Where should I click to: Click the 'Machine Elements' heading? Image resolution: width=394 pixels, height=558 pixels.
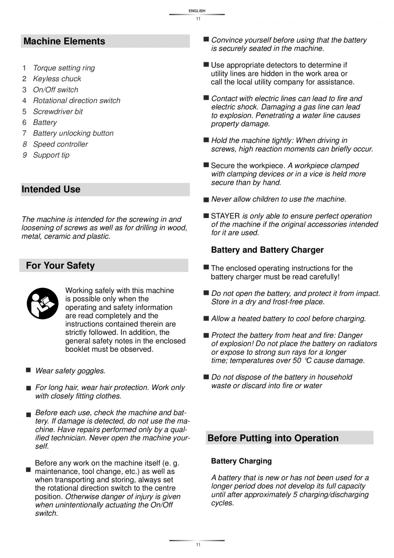point(64,41)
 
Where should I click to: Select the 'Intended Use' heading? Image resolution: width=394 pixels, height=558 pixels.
point(51,189)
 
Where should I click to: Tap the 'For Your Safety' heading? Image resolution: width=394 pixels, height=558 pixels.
point(60,266)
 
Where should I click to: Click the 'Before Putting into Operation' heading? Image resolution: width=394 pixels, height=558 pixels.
point(273,438)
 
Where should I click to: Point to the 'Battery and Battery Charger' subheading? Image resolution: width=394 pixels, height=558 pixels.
point(267,250)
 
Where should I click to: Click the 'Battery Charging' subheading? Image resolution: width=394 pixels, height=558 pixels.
point(241,461)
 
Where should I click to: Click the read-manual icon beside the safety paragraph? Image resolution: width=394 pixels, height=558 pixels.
point(42,303)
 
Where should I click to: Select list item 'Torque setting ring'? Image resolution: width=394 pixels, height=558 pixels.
point(64,68)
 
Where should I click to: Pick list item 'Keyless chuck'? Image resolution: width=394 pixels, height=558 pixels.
point(57,79)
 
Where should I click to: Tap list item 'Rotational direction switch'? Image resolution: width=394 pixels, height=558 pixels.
point(77,100)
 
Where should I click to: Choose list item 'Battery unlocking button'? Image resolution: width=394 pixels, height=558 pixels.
point(73,133)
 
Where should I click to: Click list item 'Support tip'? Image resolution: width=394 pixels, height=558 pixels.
point(51,155)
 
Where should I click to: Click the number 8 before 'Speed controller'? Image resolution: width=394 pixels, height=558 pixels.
point(25,144)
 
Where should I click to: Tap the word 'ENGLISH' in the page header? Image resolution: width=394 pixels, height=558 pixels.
point(197,11)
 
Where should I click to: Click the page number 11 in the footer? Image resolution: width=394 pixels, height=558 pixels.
point(197,545)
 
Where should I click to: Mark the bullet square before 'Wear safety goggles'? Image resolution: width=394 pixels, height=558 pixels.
point(28,370)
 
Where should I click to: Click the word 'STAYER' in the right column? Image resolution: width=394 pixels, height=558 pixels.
point(226,216)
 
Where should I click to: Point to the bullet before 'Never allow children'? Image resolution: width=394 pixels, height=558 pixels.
point(206,200)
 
